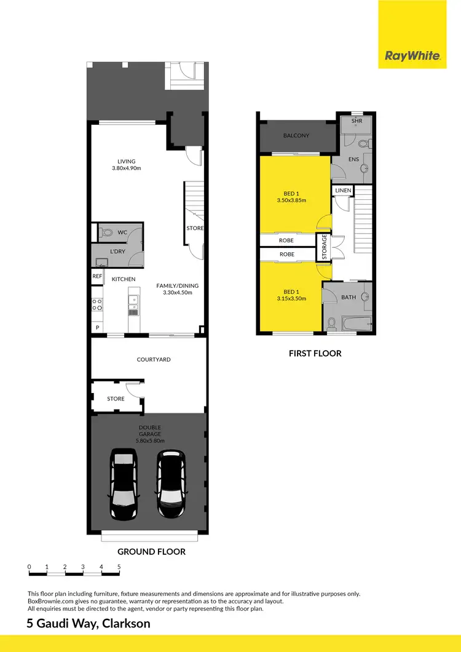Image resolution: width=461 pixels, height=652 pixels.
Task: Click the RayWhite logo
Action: (x=412, y=56)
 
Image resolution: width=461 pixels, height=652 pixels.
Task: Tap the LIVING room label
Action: (x=127, y=161)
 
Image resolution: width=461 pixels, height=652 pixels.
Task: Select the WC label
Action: (x=122, y=233)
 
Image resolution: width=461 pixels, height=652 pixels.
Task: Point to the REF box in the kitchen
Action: (x=97, y=277)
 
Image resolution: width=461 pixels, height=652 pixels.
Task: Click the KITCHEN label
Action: (x=123, y=279)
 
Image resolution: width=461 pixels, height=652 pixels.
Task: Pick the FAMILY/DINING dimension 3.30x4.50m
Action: (x=178, y=293)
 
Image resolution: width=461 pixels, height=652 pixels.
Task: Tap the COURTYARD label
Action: (x=154, y=359)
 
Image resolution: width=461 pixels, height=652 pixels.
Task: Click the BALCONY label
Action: (x=296, y=135)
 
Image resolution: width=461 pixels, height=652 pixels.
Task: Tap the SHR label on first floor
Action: (x=357, y=121)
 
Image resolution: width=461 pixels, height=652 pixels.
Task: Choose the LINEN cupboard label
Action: (x=343, y=191)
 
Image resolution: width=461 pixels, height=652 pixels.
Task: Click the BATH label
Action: (x=349, y=298)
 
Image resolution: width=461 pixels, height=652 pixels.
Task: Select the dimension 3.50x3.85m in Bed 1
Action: (x=291, y=200)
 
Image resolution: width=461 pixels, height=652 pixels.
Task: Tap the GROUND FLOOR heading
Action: (x=152, y=552)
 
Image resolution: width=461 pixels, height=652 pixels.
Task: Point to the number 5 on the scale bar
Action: (x=119, y=566)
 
